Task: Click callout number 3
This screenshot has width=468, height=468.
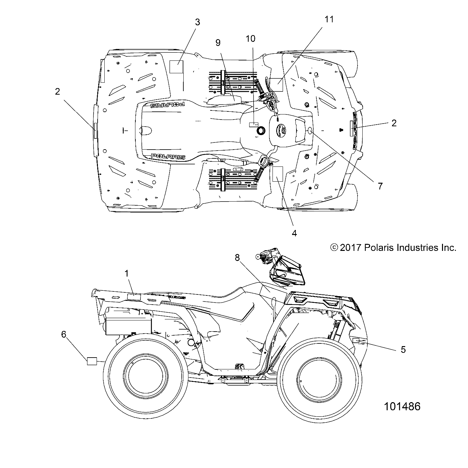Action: pyautogui.click(x=198, y=22)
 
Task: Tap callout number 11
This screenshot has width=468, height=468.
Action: pyautogui.click(x=329, y=20)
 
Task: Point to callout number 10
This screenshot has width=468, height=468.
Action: pyautogui.click(x=251, y=38)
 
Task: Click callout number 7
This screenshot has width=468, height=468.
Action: pyautogui.click(x=380, y=186)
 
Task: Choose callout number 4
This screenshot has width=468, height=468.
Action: pyautogui.click(x=294, y=233)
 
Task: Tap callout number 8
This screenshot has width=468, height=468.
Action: pyautogui.click(x=246, y=258)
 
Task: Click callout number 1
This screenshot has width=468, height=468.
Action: pyautogui.click(x=127, y=274)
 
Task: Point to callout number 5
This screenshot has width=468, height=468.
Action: pyautogui.click(x=403, y=349)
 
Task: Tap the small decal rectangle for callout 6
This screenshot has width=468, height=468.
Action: pyautogui.click(x=92, y=361)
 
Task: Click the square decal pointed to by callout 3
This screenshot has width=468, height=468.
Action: pyautogui.click(x=176, y=67)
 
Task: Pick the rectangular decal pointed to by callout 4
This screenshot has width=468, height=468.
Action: pyautogui.click(x=279, y=174)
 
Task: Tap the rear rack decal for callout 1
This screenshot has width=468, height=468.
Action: pyautogui.click(x=134, y=297)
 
